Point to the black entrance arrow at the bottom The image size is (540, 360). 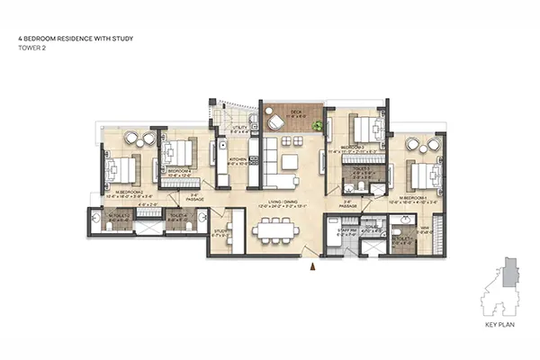point(311,266)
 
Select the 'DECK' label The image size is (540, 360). point(295,112)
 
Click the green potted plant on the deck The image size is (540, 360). point(316,127)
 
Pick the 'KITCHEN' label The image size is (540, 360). point(238,158)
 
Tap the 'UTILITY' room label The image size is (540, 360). point(238,128)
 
